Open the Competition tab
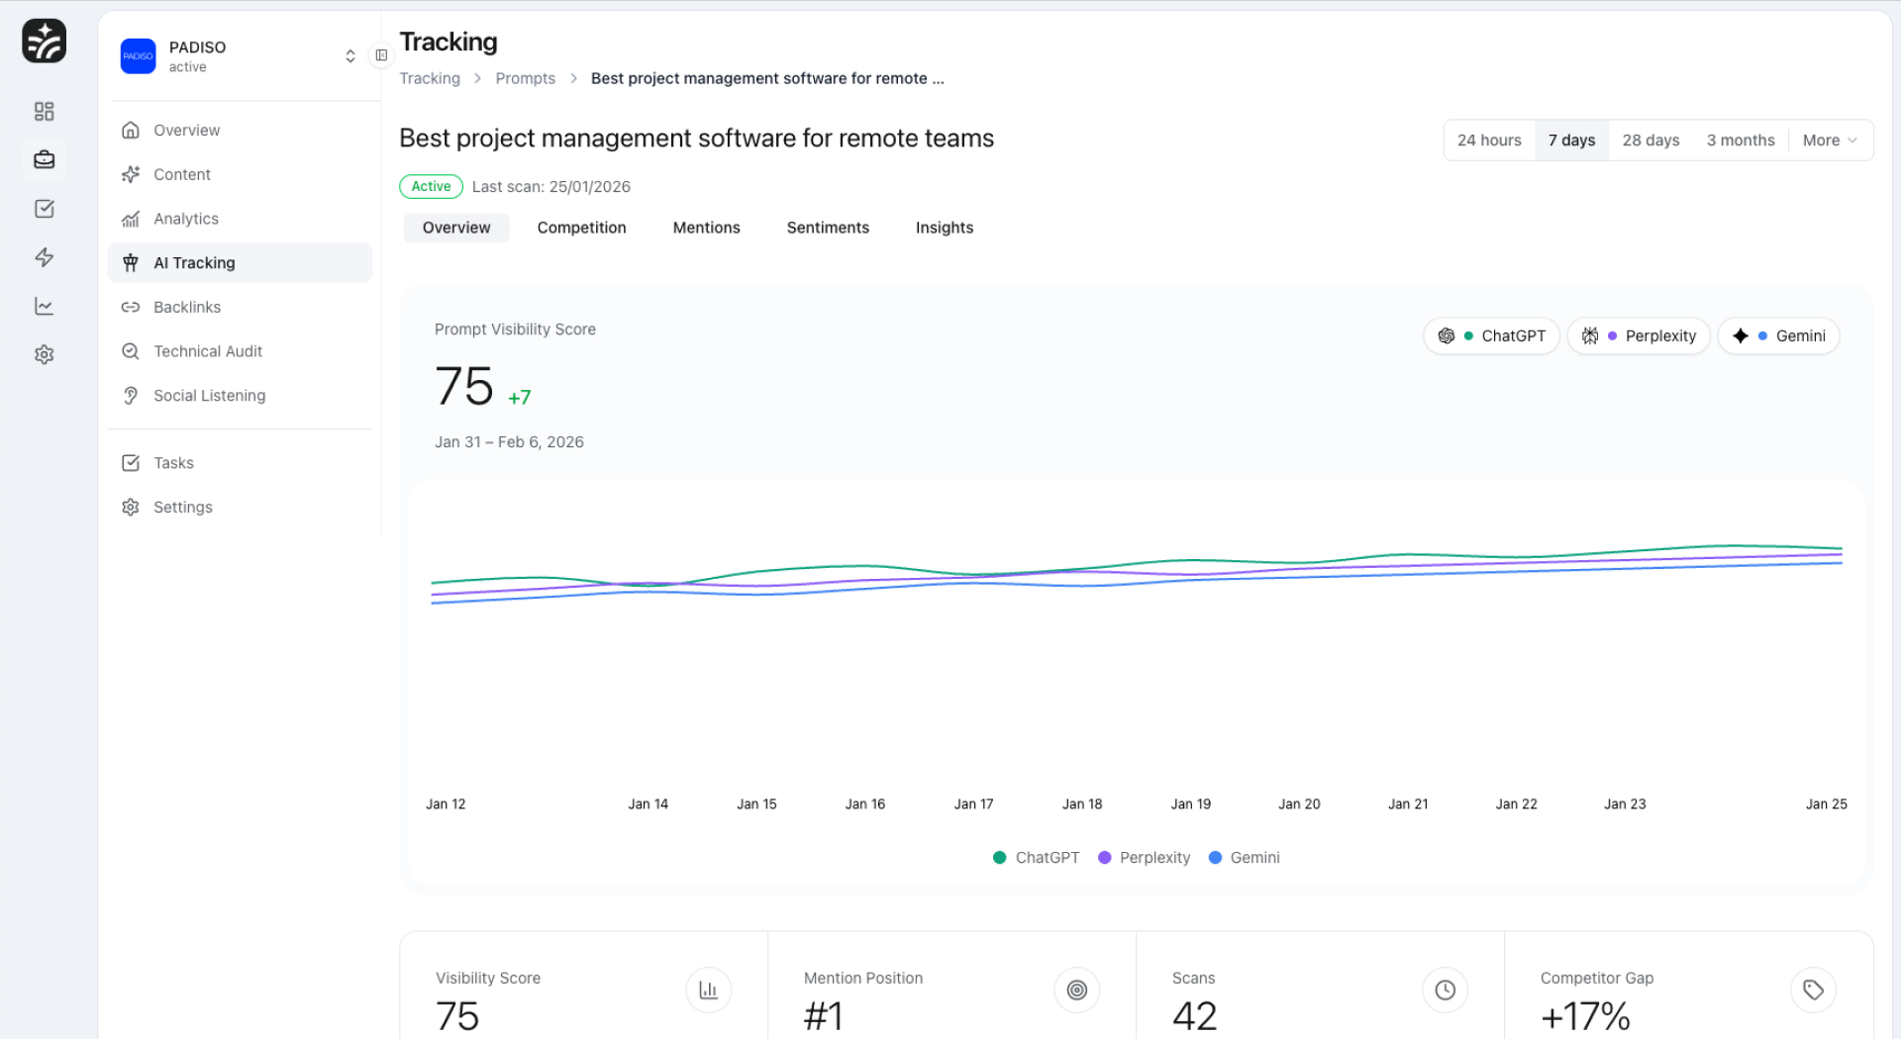tap(581, 228)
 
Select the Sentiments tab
tap(828, 228)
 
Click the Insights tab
tap(944, 228)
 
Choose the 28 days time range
tap(1651, 141)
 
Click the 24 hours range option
tap(1488, 141)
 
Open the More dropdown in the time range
tap(1829, 141)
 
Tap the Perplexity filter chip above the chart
tap(1639, 336)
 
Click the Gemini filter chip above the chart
tap(1779, 336)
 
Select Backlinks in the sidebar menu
tap(187, 307)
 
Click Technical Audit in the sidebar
tap(208, 351)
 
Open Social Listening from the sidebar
tap(209, 396)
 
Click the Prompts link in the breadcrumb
tap(525, 78)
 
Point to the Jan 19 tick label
tap(1190, 804)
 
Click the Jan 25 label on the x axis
tap(1826, 804)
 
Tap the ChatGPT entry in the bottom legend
tap(1036, 858)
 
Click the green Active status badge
tap(431, 186)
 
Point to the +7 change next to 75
tap(519, 398)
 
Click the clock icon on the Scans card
tap(1445, 990)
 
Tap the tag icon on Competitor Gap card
tap(1813, 990)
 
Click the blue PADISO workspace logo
tap(139, 56)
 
